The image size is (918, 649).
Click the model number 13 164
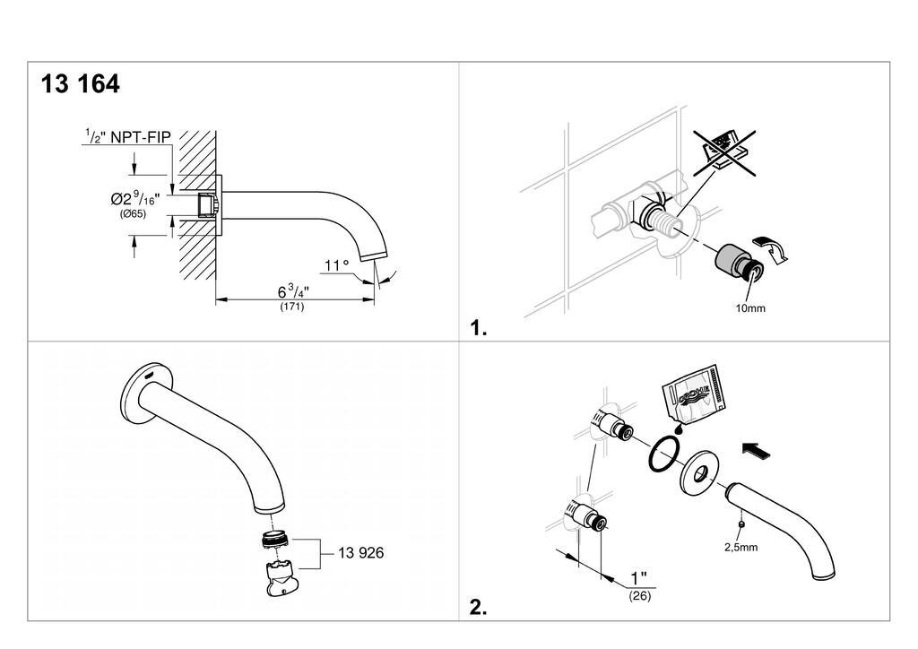tap(80, 83)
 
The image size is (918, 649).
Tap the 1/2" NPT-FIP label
tap(128, 137)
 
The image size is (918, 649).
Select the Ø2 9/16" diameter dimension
tap(134, 197)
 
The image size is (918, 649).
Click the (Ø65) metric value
tap(133, 214)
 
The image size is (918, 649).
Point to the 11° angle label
tap(337, 265)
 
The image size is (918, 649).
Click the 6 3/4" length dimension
tap(293, 290)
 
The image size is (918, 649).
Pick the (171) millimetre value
tap(291, 306)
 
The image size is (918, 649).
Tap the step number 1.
tap(479, 328)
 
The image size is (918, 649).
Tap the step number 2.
tap(479, 608)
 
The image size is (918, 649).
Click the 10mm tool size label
tap(750, 308)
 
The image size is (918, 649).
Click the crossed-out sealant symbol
tap(724, 152)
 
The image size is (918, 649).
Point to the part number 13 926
tap(360, 553)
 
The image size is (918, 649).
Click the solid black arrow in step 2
tap(756, 449)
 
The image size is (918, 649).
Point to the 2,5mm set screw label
tap(740, 547)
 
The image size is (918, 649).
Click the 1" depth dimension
tap(638, 577)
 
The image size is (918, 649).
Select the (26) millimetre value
tap(640, 596)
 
